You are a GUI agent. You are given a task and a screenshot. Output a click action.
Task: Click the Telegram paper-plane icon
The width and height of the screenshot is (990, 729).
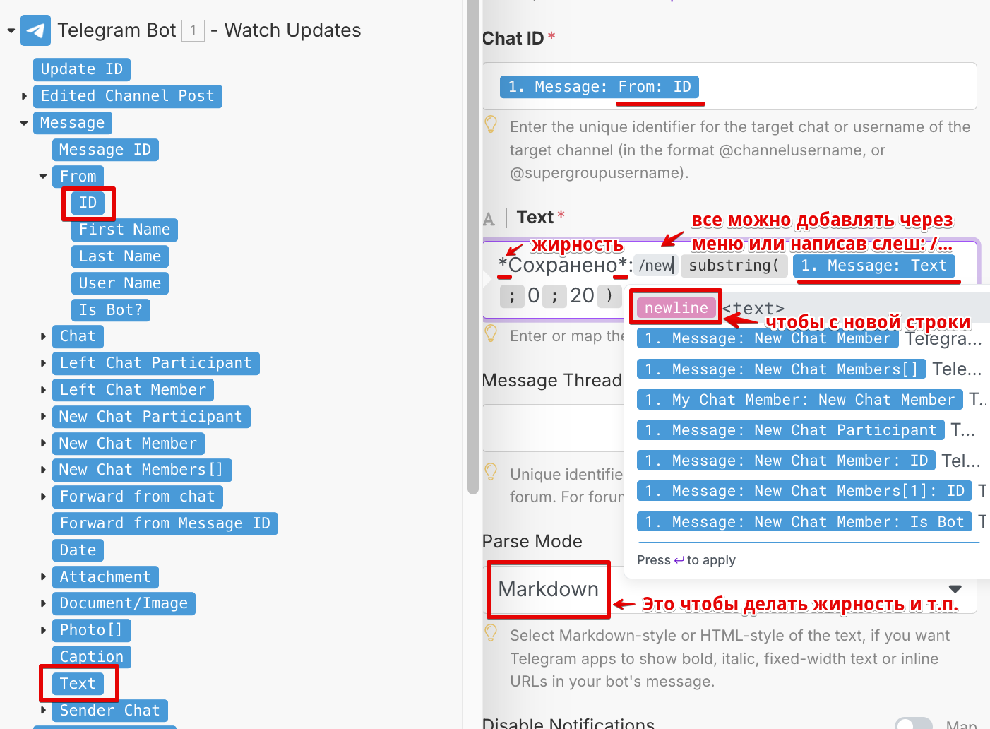point(35,30)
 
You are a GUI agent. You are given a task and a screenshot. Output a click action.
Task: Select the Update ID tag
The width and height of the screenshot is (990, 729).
point(81,69)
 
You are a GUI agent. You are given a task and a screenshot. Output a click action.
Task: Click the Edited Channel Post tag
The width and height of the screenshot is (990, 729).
point(127,96)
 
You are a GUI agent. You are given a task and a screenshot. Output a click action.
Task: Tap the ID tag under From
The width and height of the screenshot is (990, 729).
point(88,203)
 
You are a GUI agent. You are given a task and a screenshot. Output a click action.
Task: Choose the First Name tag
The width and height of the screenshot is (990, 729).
point(124,230)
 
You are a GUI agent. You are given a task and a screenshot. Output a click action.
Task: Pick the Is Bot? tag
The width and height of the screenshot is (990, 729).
point(110,310)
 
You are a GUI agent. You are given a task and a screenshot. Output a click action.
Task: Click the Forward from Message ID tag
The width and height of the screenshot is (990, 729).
point(165,523)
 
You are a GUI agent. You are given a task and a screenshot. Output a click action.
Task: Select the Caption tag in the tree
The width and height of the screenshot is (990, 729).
point(91,657)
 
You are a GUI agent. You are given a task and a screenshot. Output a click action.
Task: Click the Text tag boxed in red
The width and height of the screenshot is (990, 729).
point(78,684)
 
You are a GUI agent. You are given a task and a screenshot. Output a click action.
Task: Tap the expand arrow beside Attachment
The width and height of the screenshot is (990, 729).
point(43,577)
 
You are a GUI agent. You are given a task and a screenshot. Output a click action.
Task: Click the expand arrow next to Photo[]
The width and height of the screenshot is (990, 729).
point(43,630)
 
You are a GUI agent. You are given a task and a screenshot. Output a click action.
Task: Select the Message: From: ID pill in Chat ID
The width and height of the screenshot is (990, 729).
point(599,87)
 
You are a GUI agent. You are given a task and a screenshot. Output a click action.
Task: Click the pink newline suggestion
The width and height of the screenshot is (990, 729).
point(676,308)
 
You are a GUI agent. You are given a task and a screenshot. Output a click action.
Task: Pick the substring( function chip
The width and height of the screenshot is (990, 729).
point(734,266)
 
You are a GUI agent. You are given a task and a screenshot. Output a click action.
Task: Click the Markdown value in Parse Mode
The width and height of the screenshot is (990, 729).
point(548,589)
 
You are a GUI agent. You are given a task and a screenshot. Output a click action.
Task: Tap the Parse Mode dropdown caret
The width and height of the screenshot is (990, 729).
point(955,589)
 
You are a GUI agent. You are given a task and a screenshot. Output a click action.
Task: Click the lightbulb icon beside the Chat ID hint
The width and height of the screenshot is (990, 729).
point(491,124)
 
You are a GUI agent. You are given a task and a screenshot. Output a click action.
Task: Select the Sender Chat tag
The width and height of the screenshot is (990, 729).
point(109,711)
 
